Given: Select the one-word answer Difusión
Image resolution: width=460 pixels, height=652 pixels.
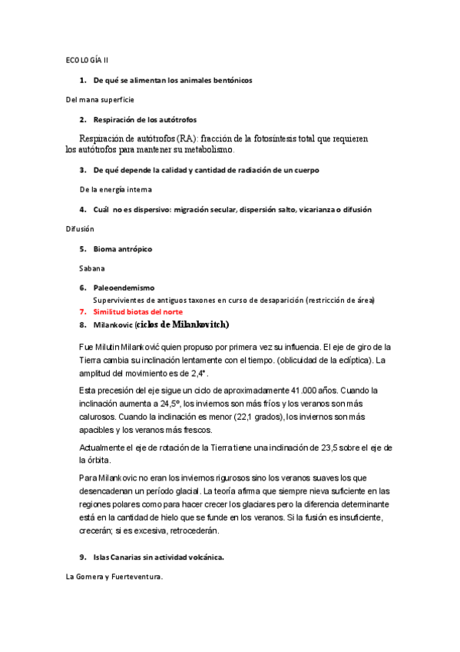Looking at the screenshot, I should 80,228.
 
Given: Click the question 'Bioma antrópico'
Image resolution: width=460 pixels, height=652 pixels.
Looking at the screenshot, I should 123,249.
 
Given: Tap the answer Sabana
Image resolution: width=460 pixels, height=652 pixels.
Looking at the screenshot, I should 93,269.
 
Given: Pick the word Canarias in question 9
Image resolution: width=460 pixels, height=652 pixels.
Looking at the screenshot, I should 127,557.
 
